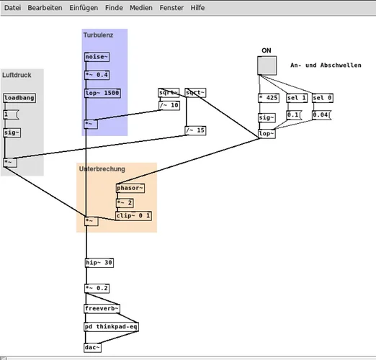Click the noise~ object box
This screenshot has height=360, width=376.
coord(97,57)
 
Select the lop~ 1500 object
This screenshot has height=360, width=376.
coord(102,93)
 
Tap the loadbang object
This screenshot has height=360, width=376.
coord(19,98)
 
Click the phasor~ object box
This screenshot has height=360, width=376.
coord(130,188)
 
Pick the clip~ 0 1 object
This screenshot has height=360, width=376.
coord(133,215)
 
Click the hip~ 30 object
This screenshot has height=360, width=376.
coord(99,263)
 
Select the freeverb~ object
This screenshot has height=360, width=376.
coord(102,309)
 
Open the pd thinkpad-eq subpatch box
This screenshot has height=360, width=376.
coord(111,326)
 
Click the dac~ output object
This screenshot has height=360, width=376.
coord(92,348)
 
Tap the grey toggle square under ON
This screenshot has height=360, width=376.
coord(267,66)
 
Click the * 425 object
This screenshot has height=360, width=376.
coord(267,98)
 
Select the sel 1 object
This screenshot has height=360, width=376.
coord(296,98)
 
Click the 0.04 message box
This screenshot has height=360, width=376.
coord(323,114)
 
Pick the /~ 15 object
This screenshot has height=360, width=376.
coord(195,130)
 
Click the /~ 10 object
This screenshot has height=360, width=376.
coord(169,105)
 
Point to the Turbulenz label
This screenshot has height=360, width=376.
coord(98,35)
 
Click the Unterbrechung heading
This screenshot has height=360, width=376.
coord(102,169)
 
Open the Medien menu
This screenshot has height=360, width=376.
coord(140,7)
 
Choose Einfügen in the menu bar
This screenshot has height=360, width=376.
coord(84,7)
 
